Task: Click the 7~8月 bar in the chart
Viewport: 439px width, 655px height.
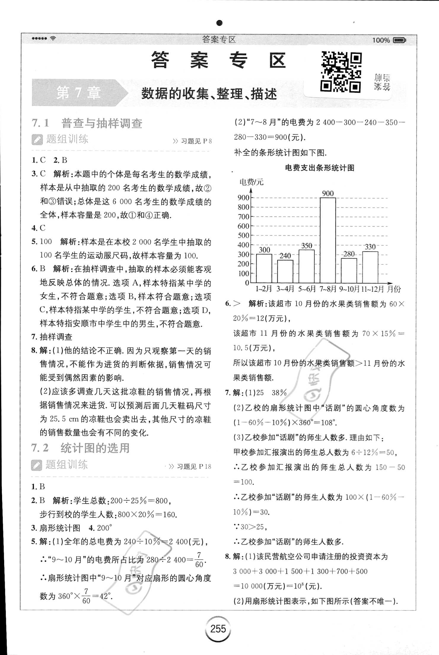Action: [328, 240]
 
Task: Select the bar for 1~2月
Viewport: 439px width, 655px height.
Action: [264, 268]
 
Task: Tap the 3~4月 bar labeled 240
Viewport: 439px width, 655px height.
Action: [285, 271]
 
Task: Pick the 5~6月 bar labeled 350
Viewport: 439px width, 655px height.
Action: [306, 266]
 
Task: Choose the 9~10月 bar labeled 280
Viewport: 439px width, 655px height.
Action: [349, 270]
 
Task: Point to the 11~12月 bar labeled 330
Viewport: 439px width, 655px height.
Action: [370, 267]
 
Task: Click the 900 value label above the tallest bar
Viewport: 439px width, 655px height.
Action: [328, 193]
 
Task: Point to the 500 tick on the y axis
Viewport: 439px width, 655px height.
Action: [244, 235]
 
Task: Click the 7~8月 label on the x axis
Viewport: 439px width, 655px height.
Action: [328, 289]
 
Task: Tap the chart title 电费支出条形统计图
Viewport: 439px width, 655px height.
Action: [319, 168]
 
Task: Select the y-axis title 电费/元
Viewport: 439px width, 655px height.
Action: [251, 182]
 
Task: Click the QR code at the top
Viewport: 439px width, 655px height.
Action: [341, 72]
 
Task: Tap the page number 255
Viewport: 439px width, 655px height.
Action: [218, 629]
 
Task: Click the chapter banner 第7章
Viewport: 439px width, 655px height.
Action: [79, 93]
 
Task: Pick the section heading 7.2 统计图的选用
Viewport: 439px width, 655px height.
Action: [80, 448]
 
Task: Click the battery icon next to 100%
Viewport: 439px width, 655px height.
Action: [399, 40]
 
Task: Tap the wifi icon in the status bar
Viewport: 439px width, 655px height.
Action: [53, 38]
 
